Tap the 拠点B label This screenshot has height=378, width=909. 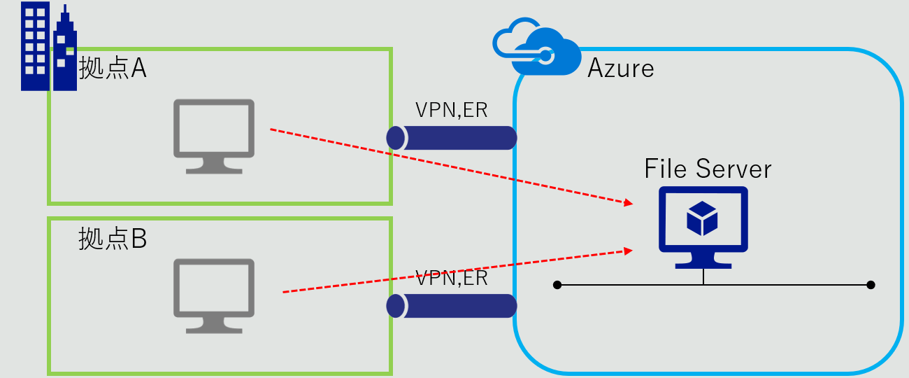pos(113,239)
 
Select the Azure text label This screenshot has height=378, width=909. pos(621,68)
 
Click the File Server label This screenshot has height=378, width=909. pos(708,169)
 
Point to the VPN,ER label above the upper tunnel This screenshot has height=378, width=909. pos(452,110)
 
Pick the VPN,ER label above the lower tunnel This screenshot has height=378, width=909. pos(452,278)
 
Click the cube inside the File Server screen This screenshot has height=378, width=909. pos(702,218)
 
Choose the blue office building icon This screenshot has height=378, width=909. pos(48,47)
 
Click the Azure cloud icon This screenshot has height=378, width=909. pos(537,49)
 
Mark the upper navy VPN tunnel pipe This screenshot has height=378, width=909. pos(452,138)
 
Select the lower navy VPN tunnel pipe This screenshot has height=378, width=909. pos(452,306)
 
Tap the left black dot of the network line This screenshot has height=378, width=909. pos(557,285)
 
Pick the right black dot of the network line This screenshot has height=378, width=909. pos(871,285)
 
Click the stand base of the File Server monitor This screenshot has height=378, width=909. pos(703,265)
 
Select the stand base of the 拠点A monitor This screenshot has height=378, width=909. pos(214,169)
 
